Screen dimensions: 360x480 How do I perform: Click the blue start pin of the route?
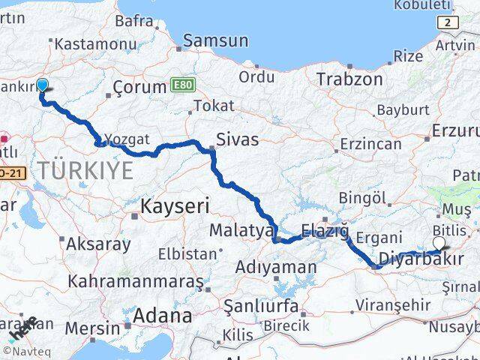click(x=42, y=86)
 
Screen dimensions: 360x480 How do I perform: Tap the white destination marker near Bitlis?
click(x=439, y=243)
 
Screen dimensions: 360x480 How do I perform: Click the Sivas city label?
click(x=237, y=139)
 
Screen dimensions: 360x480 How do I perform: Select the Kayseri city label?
click(x=175, y=205)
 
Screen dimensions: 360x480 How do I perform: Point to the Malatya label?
click(x=241, y=230)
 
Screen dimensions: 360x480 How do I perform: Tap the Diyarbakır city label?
click(x=419, y=260)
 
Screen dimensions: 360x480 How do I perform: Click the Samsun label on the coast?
click(x=216, y=40)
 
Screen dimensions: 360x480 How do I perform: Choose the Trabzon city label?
click(x=349, y=79)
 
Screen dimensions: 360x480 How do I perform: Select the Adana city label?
click(x=162, y=316)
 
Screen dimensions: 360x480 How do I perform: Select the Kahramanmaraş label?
click(x=135, y=282)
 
